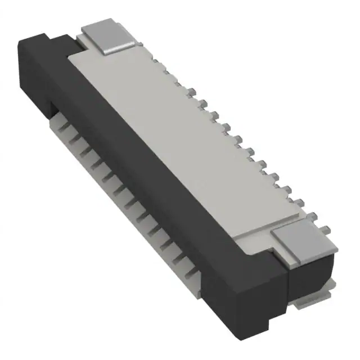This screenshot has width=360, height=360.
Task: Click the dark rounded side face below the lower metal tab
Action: (312, 270)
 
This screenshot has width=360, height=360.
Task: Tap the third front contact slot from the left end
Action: (90, 152)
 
